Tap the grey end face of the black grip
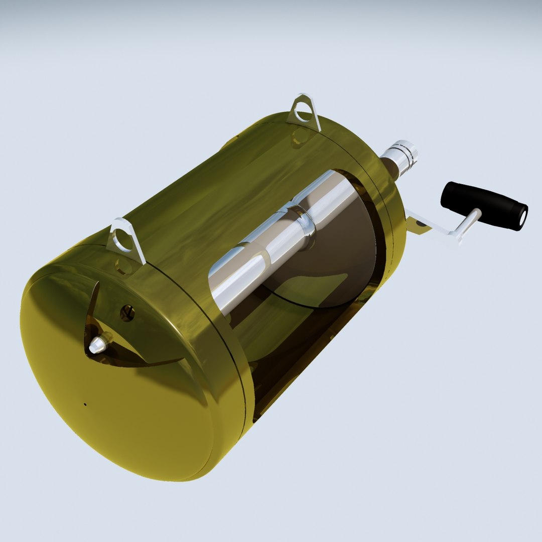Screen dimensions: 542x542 coord(522,217)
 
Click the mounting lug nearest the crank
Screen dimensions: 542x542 coord(304,111)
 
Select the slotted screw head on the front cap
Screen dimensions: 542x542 coord(127,313)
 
